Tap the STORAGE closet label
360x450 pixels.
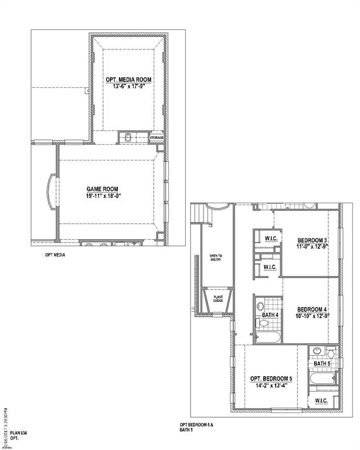point(157,138)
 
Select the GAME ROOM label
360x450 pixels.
point(103,189)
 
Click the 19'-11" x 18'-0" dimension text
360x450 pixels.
point(103,196)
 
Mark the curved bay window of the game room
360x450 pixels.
point(50,191)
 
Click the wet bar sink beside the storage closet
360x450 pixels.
point(128,138)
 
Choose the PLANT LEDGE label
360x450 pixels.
point(218,299)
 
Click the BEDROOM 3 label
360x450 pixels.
point(312,240)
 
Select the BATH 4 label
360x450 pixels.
point(270,316)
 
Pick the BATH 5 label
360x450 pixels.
point(322,364)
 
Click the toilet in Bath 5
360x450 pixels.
point(331,354)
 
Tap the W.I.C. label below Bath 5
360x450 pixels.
point(321,401)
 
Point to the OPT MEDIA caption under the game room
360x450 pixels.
point(55,255)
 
